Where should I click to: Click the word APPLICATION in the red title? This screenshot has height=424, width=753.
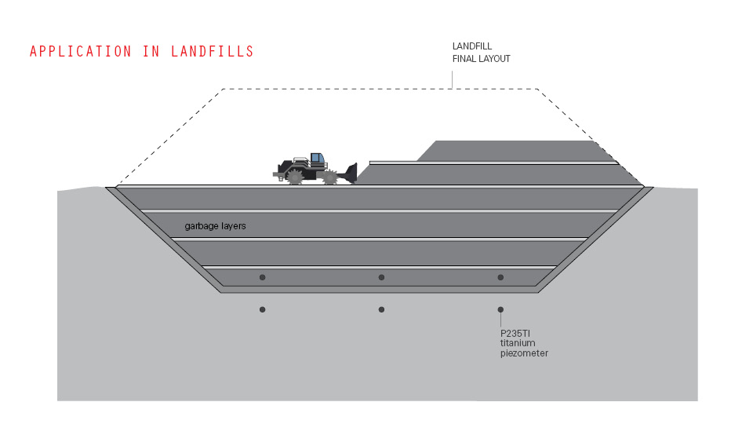click(80, 52)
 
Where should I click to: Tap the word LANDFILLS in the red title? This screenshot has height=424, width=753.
click(213, 52)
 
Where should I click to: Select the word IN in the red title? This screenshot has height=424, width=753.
click(151, 52)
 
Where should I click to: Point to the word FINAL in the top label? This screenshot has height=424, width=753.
click(464, 59)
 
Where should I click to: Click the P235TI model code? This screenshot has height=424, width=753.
click(515, 334)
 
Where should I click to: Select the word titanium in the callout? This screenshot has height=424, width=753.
click(518, 343)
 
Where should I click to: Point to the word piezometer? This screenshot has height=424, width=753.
click(524, 353)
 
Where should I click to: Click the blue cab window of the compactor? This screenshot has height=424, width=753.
click(316, 158)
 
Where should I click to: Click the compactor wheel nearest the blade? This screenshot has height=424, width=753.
click(330, 177)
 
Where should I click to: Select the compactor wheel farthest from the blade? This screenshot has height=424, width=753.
click(295, 177)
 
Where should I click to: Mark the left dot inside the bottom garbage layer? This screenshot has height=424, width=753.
click(262, 277)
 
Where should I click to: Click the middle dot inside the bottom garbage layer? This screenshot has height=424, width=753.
click(381, 277)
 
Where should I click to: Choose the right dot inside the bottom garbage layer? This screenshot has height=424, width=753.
click(500, 277)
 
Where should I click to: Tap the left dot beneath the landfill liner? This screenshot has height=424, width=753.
click(262, 309)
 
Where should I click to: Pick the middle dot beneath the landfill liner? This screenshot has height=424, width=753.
click(381, 309)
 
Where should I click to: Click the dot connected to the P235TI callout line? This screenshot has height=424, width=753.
click(500, 309)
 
